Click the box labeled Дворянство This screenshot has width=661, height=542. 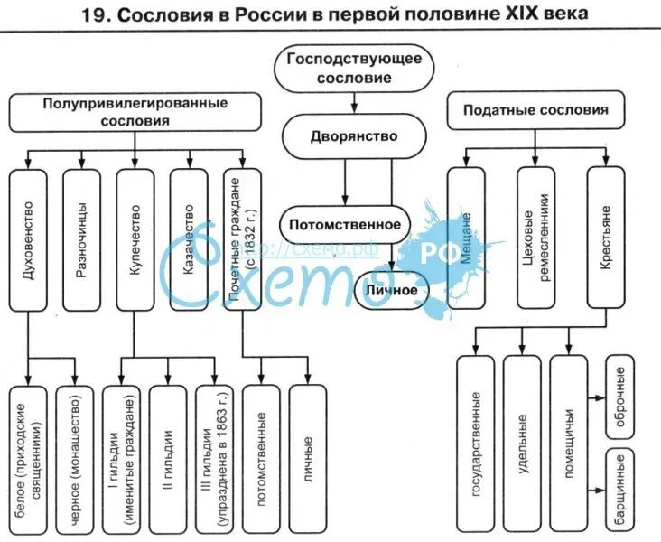tap(355, 137)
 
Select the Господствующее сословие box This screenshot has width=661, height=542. tap(340, 69)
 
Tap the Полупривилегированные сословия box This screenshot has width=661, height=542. tap(135, 111)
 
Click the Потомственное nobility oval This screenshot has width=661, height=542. tap(345, 222)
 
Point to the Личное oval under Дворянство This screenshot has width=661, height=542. tap(391, 291)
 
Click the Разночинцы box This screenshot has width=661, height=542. tap(80, 238)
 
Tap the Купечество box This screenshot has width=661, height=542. tap(135, 238)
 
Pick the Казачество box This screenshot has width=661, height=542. tap(189, 238)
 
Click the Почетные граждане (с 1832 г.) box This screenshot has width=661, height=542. tap(242, 238)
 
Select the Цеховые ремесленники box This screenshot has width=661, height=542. tap(535, 238)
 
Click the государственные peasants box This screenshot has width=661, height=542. tap(476, 443)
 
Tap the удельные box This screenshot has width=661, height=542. tap(522, 443)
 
